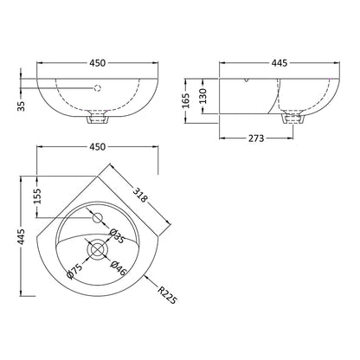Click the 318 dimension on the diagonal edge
140,195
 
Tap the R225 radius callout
166,294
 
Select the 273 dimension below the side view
256,138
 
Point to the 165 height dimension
187,100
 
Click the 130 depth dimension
203,96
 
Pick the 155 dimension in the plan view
37,196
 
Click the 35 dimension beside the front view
21,106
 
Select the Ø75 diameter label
74,271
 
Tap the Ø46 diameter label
119,268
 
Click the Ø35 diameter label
117,235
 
